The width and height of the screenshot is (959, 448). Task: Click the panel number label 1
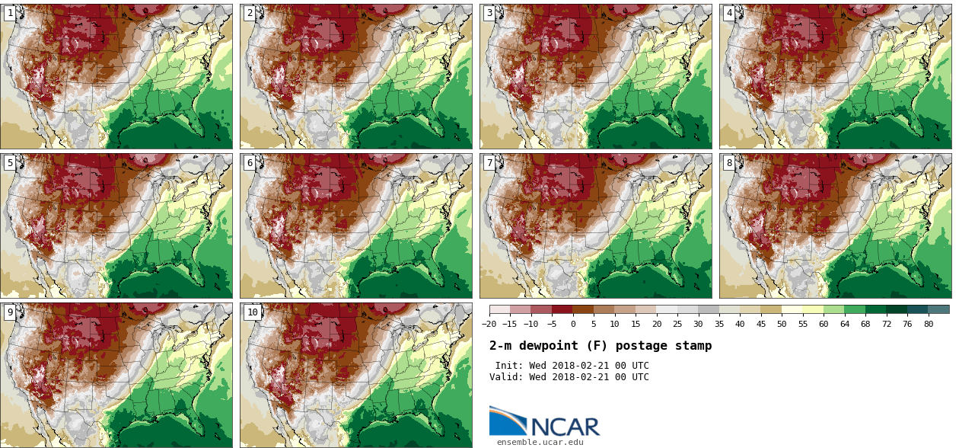(x=10, y=13)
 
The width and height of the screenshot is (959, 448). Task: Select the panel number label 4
(x=729, y=13)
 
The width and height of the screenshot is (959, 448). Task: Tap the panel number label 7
(x=489, y=163)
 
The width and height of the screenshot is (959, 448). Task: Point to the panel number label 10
(x=252, y=312)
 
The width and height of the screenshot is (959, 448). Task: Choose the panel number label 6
(x=250, y=163)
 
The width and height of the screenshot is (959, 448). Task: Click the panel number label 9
(x=10, y=312)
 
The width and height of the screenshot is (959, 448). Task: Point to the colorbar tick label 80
(x=929, y=324)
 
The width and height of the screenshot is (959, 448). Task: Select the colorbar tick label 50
(x=782, y=324)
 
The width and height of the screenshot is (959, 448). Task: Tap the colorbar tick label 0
(x=573, y=324)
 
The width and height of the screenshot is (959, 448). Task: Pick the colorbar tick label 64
(x=845, y=324)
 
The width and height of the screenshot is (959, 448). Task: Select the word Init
(x=509, y=366)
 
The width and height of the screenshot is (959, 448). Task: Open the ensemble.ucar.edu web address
(x=540, y=442)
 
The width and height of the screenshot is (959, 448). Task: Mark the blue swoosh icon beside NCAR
(x=507, y=421)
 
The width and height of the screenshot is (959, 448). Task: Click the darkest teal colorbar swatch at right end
(x=938, y=309)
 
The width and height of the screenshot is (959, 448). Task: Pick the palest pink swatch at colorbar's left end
(x=499, y=309)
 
